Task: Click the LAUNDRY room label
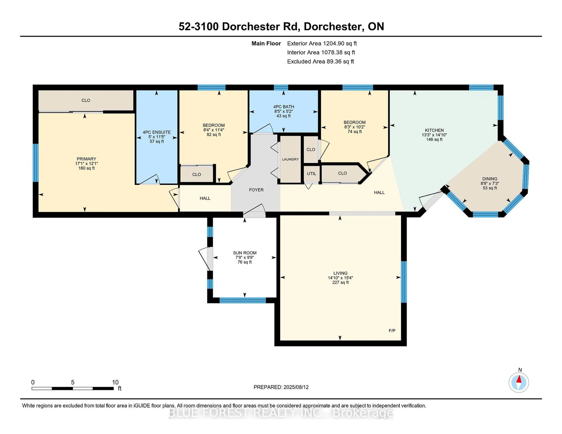290,159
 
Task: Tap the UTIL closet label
311,174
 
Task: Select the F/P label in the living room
392,331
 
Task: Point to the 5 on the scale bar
73,382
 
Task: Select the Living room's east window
404,282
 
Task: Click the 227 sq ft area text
340,282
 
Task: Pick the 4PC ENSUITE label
157,132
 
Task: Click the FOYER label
256,190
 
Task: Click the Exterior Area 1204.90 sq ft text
322,43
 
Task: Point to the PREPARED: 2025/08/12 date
281,387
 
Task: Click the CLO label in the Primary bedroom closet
86,100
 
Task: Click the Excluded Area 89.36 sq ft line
320,61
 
